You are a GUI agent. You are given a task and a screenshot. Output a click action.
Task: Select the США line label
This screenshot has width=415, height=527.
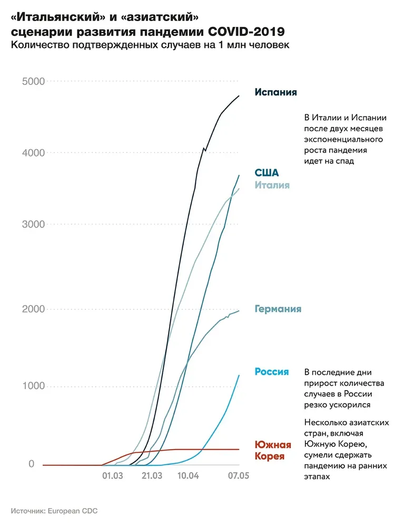tap(266, 173)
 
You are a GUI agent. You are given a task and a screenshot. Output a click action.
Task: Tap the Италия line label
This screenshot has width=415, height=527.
tap(272, 185)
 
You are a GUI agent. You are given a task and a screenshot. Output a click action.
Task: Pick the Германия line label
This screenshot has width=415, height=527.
tap(278, 309)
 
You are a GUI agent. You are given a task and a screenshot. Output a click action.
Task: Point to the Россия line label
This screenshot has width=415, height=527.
tap(272, 372)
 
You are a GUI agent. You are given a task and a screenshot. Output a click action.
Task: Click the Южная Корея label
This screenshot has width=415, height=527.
tap(273, 450)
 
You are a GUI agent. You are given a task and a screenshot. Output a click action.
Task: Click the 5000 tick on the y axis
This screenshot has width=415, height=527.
tap(33, 81)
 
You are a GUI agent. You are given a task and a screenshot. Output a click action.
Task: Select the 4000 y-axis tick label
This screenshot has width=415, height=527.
tap(33, 153)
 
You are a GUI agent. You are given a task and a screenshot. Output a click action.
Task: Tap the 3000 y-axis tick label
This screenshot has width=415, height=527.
tap(33, 224)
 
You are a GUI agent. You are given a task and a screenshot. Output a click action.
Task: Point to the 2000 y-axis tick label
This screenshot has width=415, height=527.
tap(33, 309)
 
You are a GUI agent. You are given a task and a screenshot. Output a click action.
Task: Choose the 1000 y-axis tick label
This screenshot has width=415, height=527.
tap(33, 386)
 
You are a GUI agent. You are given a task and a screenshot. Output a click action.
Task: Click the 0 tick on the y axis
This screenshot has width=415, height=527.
tap(32, 464)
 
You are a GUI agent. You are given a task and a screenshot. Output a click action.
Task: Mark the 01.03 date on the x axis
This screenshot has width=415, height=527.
tap(112, 476)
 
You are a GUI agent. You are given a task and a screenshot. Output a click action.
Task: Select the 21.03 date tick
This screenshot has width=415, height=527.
tap(152, 476)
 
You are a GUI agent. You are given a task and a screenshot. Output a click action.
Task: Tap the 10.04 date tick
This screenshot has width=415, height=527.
tap(188, 476)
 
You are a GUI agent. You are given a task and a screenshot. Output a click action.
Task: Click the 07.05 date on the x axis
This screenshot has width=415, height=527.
tap(238, 476)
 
